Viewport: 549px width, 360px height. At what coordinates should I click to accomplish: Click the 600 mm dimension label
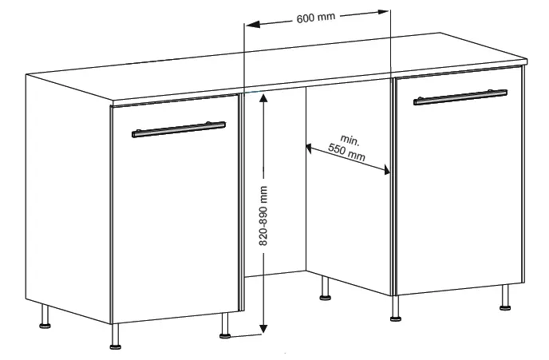[315, 18]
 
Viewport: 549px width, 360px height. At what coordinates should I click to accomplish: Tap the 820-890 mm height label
[263, 216]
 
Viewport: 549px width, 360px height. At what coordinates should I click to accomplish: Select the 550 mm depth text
[346, 152]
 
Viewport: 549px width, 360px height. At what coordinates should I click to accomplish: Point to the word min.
[350, 140]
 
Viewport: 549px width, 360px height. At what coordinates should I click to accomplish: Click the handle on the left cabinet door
[179, 129]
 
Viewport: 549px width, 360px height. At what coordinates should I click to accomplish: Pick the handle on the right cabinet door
[460, 97]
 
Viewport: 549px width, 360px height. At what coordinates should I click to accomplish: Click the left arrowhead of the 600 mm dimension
[253, 24]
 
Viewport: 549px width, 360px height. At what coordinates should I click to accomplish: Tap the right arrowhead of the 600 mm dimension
[383, 11]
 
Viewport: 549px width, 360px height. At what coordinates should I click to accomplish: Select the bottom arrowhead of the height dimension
[263, 328]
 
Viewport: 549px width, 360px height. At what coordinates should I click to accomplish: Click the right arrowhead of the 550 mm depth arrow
[386, 170]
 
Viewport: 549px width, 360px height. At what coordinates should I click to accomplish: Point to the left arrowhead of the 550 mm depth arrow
[310, 148]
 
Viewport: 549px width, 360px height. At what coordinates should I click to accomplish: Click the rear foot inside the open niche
[326, 288]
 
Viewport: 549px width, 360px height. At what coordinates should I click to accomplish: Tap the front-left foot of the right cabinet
[396, 309]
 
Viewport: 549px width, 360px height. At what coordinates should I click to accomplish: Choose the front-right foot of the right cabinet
[505, 298]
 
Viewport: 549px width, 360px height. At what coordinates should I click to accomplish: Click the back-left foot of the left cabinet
[45, 316]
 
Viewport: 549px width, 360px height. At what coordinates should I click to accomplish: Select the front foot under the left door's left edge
[115, 337]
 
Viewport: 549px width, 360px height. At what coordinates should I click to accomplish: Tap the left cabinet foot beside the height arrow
[225, 326]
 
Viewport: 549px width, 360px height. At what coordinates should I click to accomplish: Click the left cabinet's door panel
[175, 209]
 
